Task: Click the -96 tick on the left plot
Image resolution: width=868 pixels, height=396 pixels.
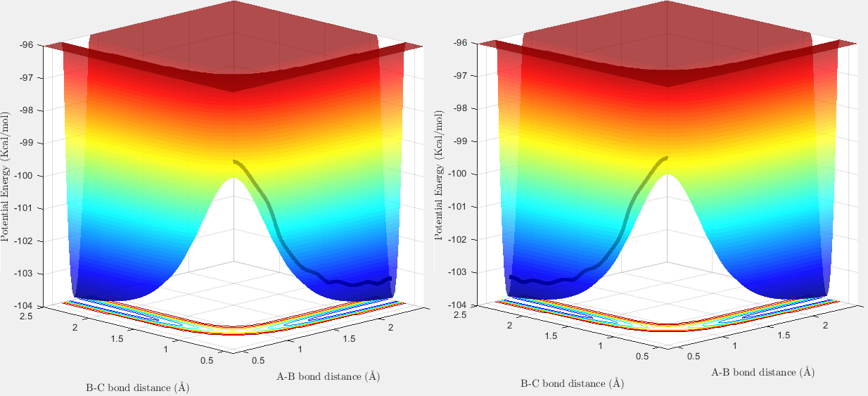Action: point(32,44)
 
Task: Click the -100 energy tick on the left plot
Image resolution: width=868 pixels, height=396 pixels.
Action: point(31,175)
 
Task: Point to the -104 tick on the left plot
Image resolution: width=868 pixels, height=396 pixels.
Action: point(31,306)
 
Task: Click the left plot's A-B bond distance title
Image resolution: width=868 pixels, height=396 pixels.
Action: point(328,376)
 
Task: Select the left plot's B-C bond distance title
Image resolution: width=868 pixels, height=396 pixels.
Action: point(137,387)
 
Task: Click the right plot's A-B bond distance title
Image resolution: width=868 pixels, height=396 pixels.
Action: point(762,372)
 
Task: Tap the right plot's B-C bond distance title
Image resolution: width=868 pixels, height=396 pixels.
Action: point(571,383)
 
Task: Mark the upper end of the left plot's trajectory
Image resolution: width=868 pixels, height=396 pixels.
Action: point(234,161)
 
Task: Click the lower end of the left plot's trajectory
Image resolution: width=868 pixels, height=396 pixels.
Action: point(390,279)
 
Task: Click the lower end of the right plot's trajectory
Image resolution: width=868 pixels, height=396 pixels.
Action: point(511,278)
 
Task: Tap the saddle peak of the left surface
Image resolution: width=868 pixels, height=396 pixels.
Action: point(233,179)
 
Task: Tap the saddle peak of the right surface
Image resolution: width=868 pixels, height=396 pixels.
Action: point(668,175)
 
